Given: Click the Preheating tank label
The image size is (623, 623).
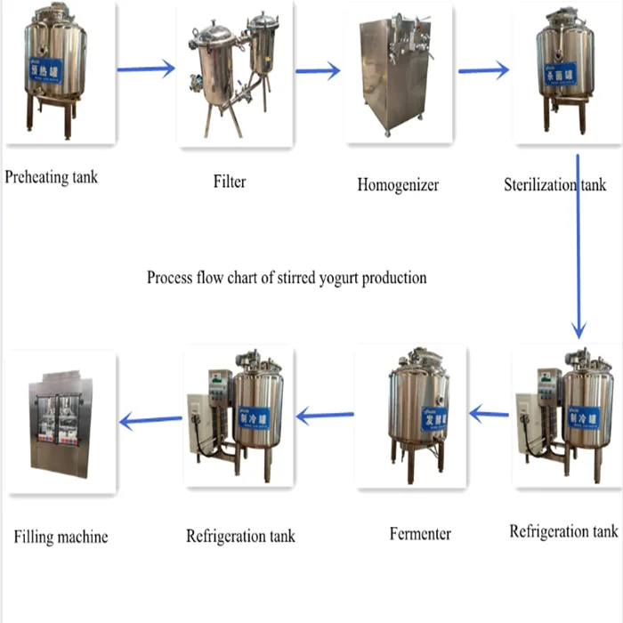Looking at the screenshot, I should pyautogui.click(x=52, y=177).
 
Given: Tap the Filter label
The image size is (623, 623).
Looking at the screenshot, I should pyautogui.click(x=230, y=182).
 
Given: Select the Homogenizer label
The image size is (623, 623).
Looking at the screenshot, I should pyautogui.click(x=398, y=185).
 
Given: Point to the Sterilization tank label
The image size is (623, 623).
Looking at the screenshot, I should pyautogui.click(x=554, y=184).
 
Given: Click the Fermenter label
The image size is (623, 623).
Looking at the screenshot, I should pyautogui.click(x=420, y=534).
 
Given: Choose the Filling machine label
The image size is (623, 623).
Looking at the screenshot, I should pyautogui.click(x=61, y=537).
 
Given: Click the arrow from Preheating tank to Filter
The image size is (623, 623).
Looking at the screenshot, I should pyautogui.click(x=146, y=69).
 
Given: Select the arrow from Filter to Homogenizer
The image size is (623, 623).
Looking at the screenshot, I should pyautogui.click(x=318, y=70).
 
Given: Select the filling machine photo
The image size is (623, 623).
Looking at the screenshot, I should pyautogui.click(x=61, y=421).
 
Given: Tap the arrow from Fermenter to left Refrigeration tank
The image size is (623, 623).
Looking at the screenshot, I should pyautogui.click(x=325, y=414).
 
